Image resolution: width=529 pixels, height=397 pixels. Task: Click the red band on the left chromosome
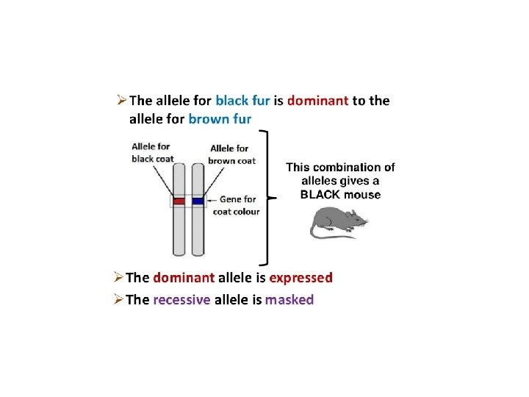coord(179,201)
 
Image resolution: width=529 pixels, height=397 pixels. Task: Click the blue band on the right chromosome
coord(198,201)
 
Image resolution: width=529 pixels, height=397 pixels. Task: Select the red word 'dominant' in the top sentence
coord(317,101)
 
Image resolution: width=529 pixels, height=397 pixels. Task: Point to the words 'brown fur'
coord(220,118)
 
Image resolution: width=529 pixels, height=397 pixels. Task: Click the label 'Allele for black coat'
coord(151,152)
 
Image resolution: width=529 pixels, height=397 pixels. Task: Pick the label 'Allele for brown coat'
coord(231,154)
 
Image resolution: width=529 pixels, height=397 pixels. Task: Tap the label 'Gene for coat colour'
coord(236,205)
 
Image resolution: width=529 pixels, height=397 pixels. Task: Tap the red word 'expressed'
coord(301,278)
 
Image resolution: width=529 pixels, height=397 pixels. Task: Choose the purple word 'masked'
coord(289,300)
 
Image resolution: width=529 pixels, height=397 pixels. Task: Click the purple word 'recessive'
coord(181,300)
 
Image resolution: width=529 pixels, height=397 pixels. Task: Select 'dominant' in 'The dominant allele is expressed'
coord(184,278)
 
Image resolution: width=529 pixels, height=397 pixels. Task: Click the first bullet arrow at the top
coord(123,100)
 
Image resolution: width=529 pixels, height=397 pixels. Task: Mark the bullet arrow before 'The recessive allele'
coord(118,299)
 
